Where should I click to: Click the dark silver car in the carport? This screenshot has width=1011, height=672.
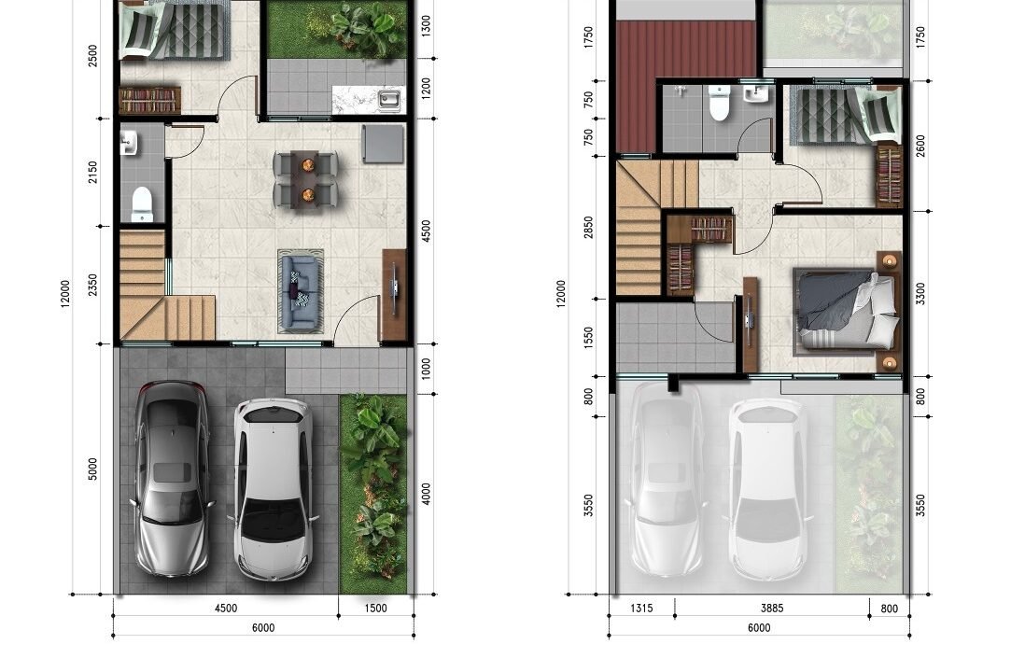pyautogui.click(x=171, y=479)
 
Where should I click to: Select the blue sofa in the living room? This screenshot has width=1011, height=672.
pyautogui.click(x=301, y=291)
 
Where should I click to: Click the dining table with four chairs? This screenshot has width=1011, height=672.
pyautogui.click(x=305, y=180)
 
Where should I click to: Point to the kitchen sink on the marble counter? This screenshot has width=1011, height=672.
pyautogui.click(x=388, y=99)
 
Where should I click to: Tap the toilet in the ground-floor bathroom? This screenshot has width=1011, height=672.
pyautogui.click(x=142, y=203)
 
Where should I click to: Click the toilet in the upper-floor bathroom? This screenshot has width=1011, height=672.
pyautogui.click(x=719, y=104)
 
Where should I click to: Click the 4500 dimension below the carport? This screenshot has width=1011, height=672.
pyautogui.click(x=226, y=608)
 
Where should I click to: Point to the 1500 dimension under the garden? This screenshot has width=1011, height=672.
pyautogui.click(x=375, y=608)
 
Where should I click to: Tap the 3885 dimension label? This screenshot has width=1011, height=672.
pyautogui.click(x=772, y=608)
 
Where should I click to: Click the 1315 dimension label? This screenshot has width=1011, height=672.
pyautogui.click(x=641, y=608)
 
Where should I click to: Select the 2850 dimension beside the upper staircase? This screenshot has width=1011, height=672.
pyautogui.click(x=588, y=228)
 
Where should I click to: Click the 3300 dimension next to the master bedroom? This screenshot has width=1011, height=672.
pyautogui.click(x=920, y=294)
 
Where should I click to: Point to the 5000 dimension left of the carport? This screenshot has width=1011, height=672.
pyautogui.click(x=92, y=469)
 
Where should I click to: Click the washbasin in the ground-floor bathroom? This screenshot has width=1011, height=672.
pyautogui.click(x=128, y=143)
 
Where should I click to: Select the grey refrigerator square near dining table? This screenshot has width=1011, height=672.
pyautogui.click(x=383, y=145)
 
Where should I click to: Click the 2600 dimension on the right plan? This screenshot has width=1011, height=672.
pyautogui.click(x=920, y=146)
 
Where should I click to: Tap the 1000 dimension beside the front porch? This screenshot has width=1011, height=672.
pyautogui.click(x=426, y=369)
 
